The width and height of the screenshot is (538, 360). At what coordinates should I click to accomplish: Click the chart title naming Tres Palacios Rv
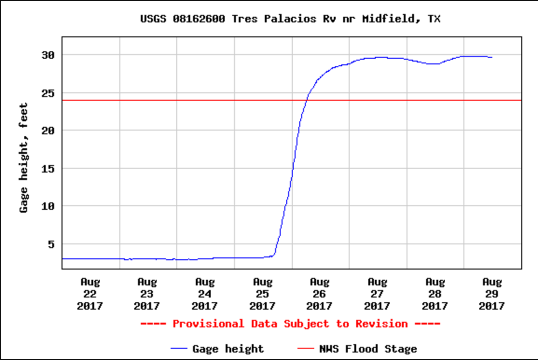pyautogui.click(x=290, y=19)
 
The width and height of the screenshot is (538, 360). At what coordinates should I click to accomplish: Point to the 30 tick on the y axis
pyautogui.click(x=48, y=55)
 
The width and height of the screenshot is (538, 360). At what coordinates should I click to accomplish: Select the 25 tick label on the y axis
pyautogui.click(x=48, y=93)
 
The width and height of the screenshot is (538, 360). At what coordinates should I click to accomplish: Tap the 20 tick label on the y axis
pyautogui.click(x=48, y=131)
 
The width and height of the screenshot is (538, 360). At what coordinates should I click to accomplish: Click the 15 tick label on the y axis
pyautogui.click(x=48, y=168)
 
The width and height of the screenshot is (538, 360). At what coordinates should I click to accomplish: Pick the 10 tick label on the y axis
pyautogui.click(x=48, y=206)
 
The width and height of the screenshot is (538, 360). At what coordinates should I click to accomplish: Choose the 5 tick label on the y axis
pyautogui.click(x=51, y=244)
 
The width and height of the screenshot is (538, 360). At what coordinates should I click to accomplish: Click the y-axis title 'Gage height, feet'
pyautogui.click(x=24, y=158)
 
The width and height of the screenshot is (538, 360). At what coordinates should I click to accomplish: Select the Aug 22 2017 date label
pyautogui.click(x=90, y=294)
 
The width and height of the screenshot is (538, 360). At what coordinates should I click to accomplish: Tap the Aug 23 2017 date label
pyautogui.click(x=147, y=294)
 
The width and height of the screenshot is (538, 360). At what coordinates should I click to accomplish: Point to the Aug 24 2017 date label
pyautogui.click(x=205, y=294)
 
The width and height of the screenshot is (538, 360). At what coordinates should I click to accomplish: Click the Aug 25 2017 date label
pyautogui.click(x=262, y=294)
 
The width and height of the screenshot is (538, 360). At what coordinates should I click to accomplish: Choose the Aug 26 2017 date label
pyautogui.click(x=319, y=294)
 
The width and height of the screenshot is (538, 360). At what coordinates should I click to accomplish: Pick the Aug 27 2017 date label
pyautogui.click(x=377, y=294)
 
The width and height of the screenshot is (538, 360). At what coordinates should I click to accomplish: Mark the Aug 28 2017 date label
pyautogui.click(x=435, y=294)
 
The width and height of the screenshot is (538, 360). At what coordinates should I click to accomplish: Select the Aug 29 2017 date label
pyautogui.click(x=492, y=294)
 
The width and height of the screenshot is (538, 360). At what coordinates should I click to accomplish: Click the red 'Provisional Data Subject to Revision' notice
pyautogui.click(x=290, y=324)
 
